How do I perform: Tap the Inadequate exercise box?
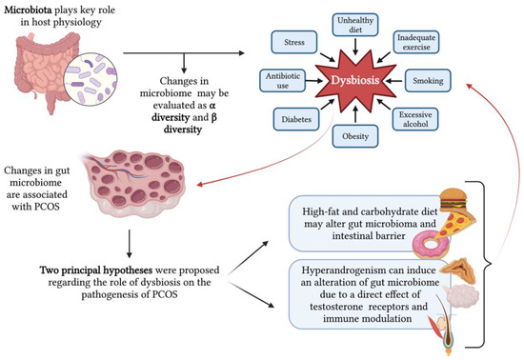coord(416,41)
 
